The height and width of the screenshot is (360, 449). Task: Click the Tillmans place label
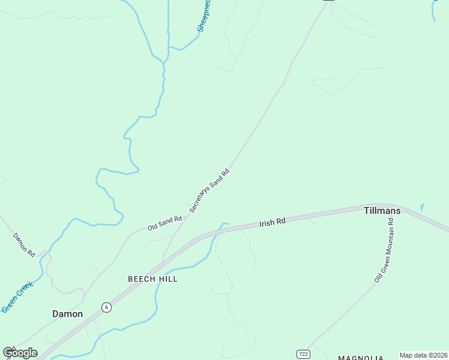[382, 211]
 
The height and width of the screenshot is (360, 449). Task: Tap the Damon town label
[67, 314]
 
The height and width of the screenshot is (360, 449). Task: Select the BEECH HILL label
[152, 279]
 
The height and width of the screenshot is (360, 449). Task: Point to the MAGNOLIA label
[360, 358]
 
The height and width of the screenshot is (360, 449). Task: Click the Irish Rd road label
[273, 223]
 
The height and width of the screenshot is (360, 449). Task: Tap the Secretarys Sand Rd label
[209, 190]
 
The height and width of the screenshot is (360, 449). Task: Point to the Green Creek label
[16, 298]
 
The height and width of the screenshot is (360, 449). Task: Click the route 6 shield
[106, 307]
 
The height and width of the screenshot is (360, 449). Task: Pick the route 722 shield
[303, 354]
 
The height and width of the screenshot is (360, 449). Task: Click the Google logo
[20, 353]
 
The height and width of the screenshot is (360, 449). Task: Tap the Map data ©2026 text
[423, 355]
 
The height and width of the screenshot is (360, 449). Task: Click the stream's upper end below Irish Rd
[226, 224]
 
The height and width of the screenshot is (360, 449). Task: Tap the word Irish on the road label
[267, 224]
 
